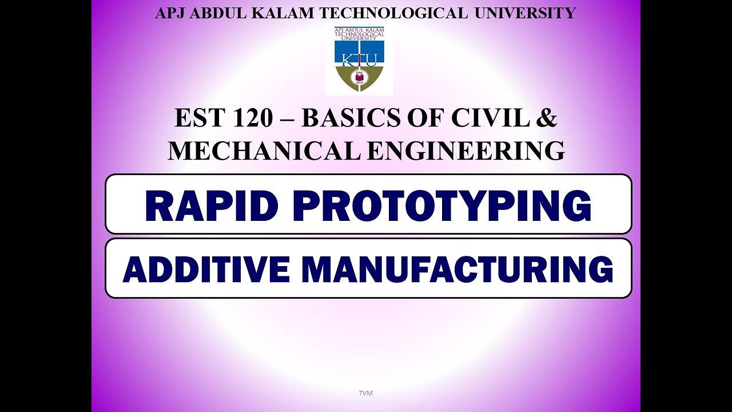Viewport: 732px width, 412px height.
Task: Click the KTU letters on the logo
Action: [359, 60]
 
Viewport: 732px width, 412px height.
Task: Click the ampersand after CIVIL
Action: [548, 118]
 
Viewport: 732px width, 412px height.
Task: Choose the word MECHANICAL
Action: [264, 150]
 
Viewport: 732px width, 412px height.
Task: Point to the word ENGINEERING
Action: [466, 150]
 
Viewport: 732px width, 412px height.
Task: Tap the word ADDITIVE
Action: [206, 270]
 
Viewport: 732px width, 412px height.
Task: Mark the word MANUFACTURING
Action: [457, 270]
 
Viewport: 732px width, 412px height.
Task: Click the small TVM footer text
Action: [365, 393]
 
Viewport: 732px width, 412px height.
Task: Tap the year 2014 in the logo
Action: [359, 82]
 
